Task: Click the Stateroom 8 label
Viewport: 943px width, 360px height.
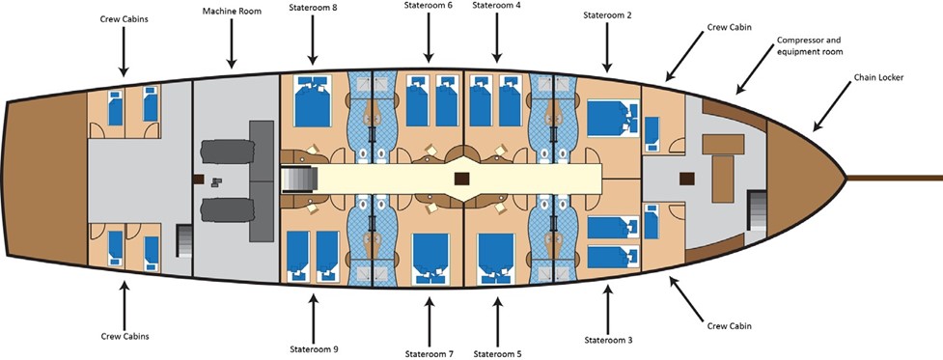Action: pyautogui.click(x=312, y=8)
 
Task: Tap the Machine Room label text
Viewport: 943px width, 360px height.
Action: pyautogui.click(x=233, y=12)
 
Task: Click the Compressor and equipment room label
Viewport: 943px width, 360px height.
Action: pyautogui.click(x=809, y=45)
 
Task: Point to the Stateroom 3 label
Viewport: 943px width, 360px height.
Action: pyautogui.click(x=608, y=340)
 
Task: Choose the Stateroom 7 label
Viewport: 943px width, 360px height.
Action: pyautogui.click(x=429, y=353)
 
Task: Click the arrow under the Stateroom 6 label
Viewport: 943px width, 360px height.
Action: pyautogui.click(x=429, y=38)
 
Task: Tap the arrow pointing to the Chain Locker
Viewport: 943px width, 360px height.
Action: pyautogui.click(x=832, y=106)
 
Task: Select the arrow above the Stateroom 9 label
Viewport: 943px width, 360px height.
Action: pyautogui.click(x=313, y=318)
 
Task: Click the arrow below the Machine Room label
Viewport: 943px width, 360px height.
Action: pyautogui.click(x=231, y=43)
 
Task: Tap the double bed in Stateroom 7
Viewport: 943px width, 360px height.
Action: pyautogui.click(x=430, y=259)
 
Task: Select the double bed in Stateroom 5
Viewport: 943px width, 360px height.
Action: pyautogui.click(x=496, y=259)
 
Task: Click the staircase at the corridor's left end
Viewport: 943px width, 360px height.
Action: pyautogui.click(x=299, y=180)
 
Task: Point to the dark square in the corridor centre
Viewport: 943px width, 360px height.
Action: pyautogui.click(x=462, y=180)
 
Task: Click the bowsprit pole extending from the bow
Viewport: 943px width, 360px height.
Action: pyautogui.click(x=895, y=178)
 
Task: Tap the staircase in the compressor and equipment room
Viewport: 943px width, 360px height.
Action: pyautogui.click(x=757, y=210)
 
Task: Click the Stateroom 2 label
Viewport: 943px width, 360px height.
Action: pyautogui.click(x=607, y=15)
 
